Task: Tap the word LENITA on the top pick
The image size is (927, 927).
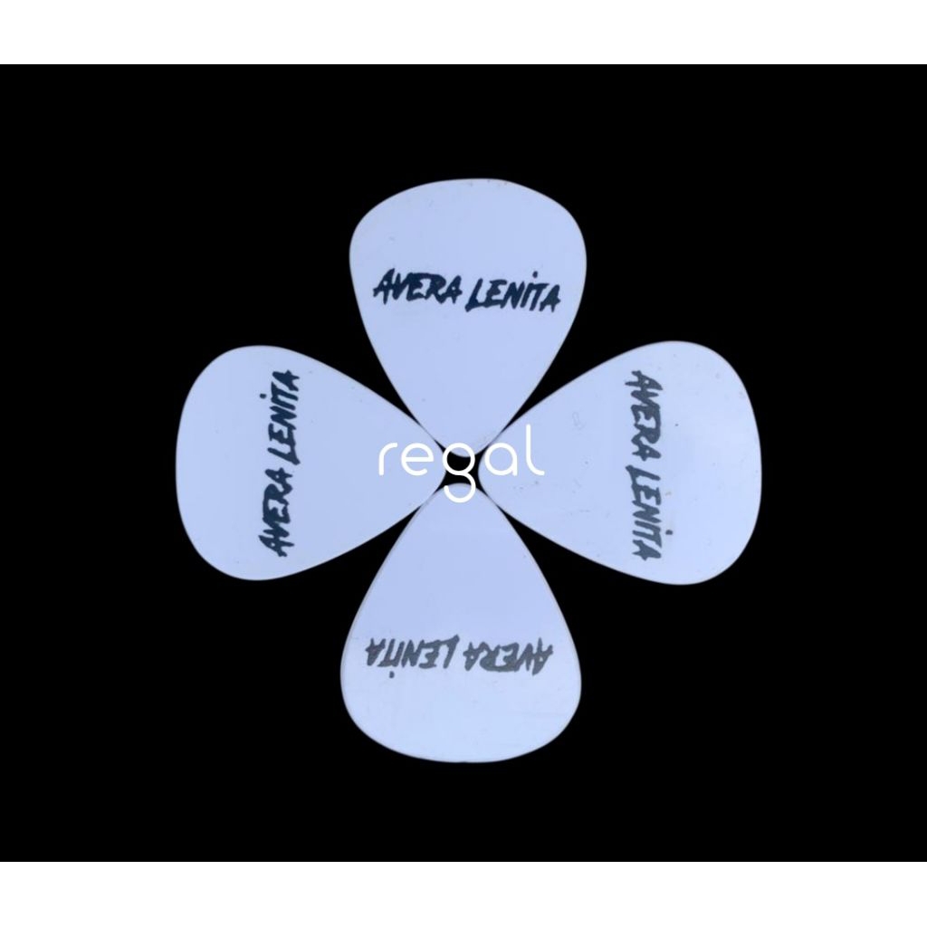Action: point(510,292)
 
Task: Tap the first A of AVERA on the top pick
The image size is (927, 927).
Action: point(383,286)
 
